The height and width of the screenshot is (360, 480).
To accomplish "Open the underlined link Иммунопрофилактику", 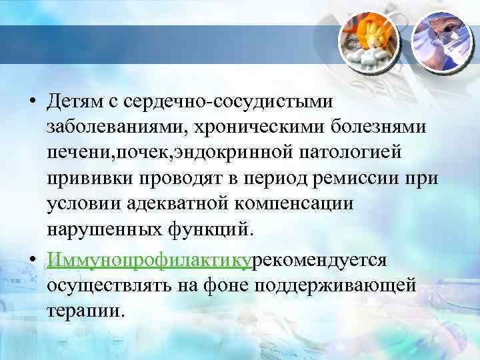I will pyautogui.click(x=149, y=259).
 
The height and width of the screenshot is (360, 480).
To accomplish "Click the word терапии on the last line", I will pyautogui.click(x=85, y=311).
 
